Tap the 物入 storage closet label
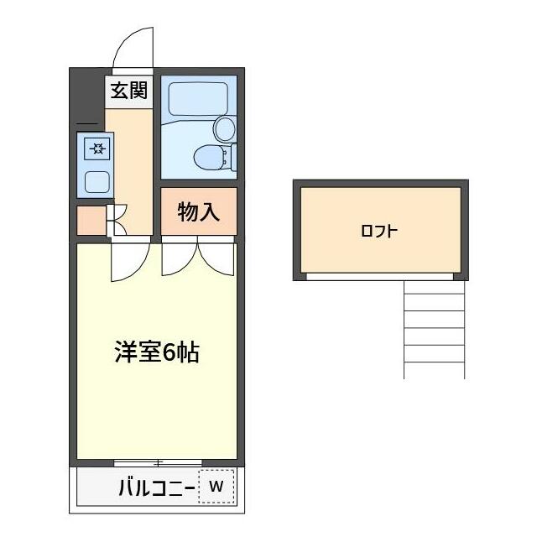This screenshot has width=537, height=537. (x=199, y=212)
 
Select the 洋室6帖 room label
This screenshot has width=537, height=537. (x=157, y=352)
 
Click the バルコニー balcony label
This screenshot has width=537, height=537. (x=156, y=487)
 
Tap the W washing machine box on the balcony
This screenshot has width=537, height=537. (x=216, y=486)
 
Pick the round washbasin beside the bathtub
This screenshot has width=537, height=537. (x=224, y=128)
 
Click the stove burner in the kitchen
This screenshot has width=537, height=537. (x=98, y=150)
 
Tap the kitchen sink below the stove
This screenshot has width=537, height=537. (x=97, y=180)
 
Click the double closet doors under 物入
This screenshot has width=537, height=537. (x=198, y=257)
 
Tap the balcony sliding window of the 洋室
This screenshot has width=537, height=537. (x=157, y=462)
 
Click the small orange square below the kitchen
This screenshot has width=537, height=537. (x=90, y=220)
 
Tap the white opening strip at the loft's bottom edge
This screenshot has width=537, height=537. (x=379, y=276)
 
